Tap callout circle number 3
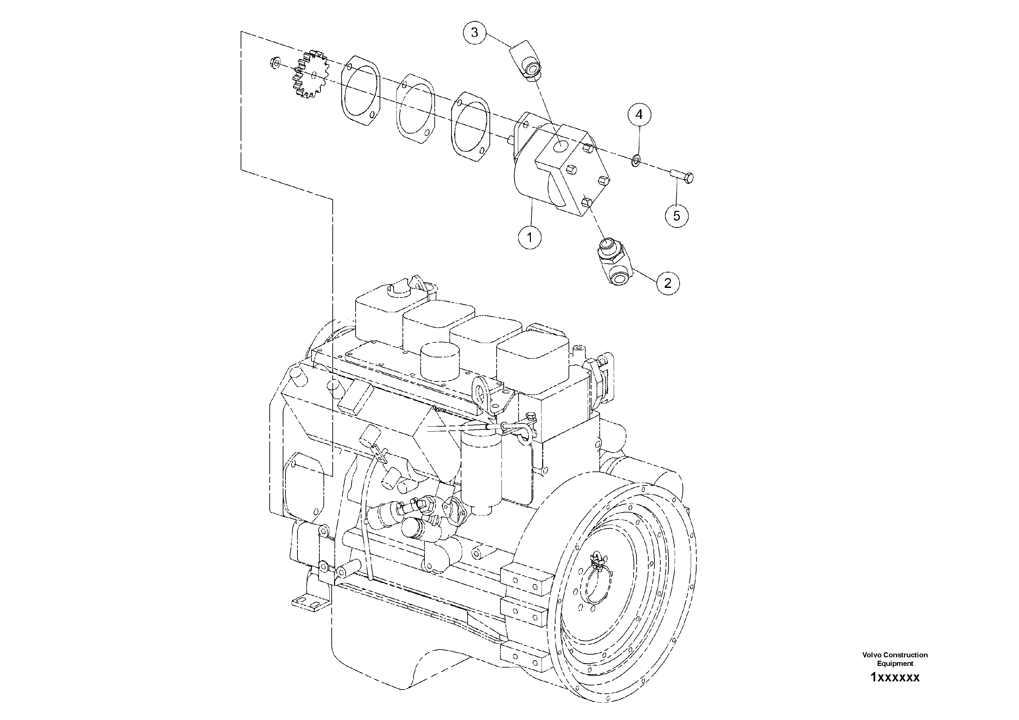tap(474, 33)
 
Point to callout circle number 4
tap(639, 115)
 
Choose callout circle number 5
tap(676, 216)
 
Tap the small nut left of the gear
tap(274, 63)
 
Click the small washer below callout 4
tap(636, 159)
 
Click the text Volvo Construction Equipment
tap(895, 659)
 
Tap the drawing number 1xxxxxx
tap(895, 678)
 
